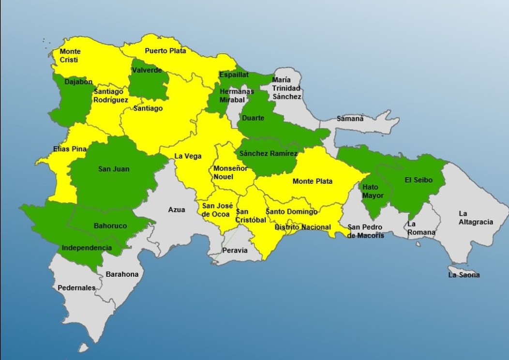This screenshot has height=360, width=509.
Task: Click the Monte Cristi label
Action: [70, 56]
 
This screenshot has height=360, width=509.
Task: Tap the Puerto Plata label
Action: [165, 51]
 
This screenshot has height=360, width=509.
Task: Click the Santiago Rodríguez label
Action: [111, 95]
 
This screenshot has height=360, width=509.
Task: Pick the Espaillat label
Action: [234, 75]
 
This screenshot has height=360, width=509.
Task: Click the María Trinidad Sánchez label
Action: [286, 88]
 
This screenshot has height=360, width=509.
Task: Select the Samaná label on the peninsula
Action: [350, 118]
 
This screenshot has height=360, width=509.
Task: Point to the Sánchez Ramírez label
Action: [269, 153]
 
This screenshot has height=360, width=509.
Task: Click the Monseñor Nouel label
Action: [224, 172]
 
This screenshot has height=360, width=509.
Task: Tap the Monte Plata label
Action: [312, 181]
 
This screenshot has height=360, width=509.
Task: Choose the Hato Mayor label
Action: [373, 191]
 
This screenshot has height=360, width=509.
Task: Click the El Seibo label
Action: [418, 180]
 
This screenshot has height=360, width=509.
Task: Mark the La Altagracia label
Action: [476, 218]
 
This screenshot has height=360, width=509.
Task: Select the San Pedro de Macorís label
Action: [365, 231]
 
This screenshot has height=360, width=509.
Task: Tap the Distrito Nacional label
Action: [302, 227]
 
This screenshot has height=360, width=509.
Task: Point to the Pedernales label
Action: [76, 288]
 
